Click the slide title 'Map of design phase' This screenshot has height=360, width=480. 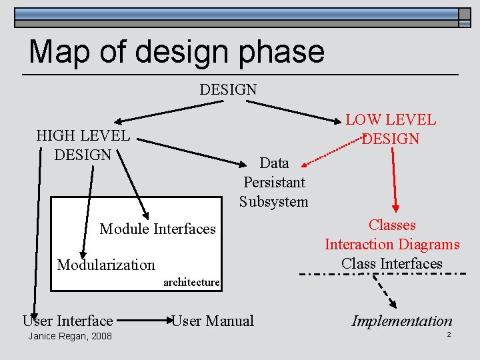click(x=177, y=51)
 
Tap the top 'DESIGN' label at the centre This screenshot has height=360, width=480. click(x=228, y=89)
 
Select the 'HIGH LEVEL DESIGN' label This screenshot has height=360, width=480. click(x=83, y=145)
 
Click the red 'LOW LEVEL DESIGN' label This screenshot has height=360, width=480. click(x=391, y=129)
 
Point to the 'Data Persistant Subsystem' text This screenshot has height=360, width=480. click(x=274, y=182)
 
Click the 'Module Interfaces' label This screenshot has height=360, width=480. click(x=158, y=229)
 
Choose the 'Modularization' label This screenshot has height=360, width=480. click(x=106, y=265)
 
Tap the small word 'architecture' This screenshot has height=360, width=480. click(x=191, y=282)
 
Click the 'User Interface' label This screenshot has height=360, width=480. click(x=67, y=321)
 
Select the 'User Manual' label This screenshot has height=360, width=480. click(x=213, y=321)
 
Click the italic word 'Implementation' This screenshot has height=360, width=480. click(x=402, y=321)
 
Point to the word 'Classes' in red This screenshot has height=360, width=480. click(x=392, y=225)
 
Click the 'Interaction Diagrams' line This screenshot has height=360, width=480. click(x=392, y=245)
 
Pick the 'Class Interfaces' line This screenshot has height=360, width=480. click(x=392, y=263)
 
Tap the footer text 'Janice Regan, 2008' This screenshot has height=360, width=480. click(x=70, y=336)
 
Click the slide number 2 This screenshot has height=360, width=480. click(x=449, y=334)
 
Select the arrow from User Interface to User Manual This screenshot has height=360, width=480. click(x=142, y=321)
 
